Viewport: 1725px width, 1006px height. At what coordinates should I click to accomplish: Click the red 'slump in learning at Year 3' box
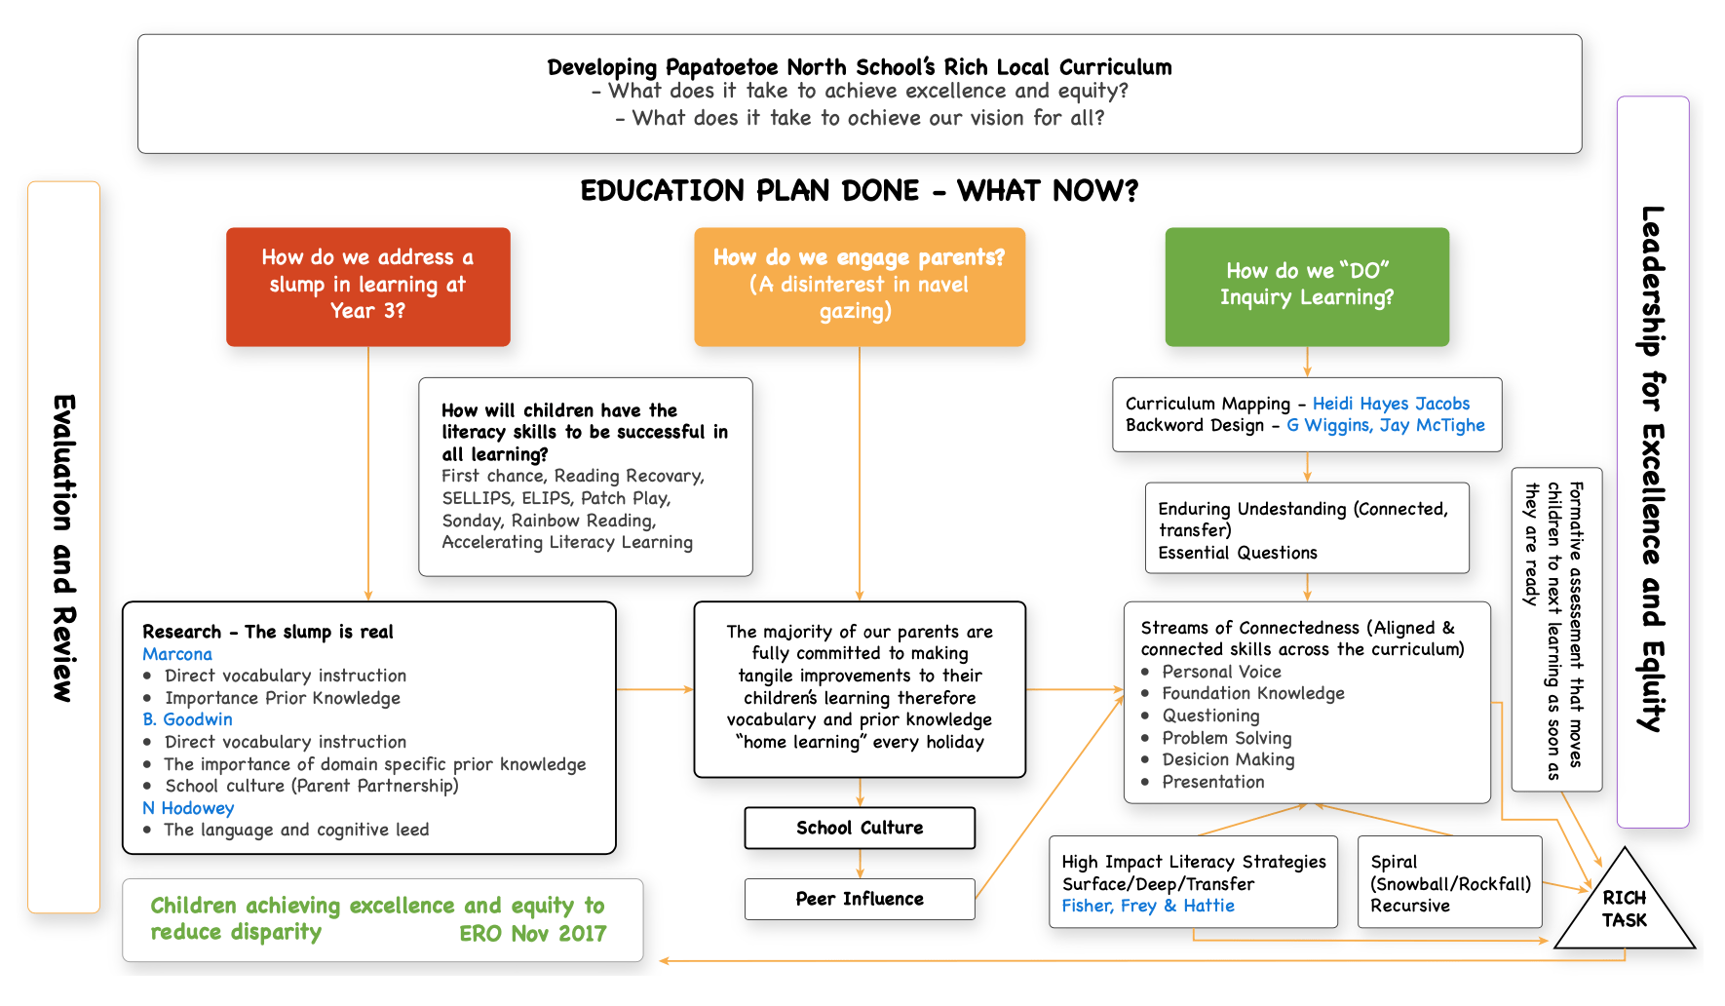coord(367,287)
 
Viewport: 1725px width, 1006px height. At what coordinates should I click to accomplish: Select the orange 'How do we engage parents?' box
coord(859,287)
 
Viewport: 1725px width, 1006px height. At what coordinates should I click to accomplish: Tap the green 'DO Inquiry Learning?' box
coord(1306,287)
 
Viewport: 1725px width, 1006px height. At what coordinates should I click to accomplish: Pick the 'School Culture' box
coord(859,828)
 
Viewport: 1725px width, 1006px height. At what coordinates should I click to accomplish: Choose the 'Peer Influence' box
coord(859,899)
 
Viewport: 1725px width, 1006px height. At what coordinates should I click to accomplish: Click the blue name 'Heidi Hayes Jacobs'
coord(1391,404)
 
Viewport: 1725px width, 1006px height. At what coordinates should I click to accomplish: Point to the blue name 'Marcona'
coord(177,654)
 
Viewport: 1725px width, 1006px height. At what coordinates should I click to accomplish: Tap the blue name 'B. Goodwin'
coord(188,719)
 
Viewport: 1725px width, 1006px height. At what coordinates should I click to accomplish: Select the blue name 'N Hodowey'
coord(188,808)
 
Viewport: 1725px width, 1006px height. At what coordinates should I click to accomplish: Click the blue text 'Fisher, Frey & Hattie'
coord(1148,906)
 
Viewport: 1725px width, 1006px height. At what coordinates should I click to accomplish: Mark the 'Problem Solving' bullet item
coord(1226,738)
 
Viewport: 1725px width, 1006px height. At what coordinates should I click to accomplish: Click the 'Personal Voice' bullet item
coord(1221,672)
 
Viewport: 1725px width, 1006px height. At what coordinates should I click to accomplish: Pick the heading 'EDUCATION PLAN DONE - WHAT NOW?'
coord(859,190)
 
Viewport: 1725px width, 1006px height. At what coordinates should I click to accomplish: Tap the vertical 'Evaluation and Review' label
coord(63,548)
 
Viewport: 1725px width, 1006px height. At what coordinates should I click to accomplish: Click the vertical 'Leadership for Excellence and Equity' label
coord(1652,468)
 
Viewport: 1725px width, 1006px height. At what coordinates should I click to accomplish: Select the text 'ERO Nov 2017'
coord(532,934)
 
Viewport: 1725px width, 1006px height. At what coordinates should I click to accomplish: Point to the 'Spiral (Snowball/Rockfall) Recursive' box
coord(1449,883)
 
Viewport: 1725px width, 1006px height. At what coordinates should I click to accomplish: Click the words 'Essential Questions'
coord(1237,553)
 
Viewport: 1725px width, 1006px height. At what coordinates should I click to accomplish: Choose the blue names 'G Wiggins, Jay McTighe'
coord(1385,425)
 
